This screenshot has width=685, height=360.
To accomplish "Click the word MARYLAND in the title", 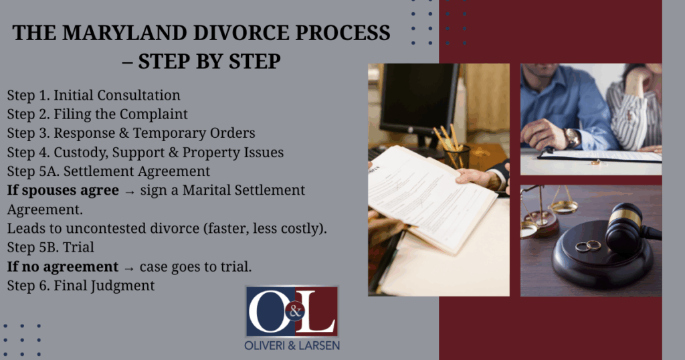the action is pyautogui.click(x=125, y=33).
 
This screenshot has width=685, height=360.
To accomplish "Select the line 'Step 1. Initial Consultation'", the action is pyautogui.click(x=94, y=95).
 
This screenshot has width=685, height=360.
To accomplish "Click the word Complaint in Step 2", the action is pyautogui.click(x=153, y=114).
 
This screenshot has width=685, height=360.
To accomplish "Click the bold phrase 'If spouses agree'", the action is pyautogui.click(x=63, y=191).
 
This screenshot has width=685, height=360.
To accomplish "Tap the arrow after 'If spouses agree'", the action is pyautogui.click(x=130, y=192).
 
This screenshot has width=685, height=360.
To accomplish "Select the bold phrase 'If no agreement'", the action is pyautogui.click(x=62, y=266).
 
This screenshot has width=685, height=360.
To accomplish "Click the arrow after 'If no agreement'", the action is pyautogui.click(x=129, y=268).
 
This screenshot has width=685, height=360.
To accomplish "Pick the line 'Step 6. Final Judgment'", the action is pyautogui.click(x=81, y=286).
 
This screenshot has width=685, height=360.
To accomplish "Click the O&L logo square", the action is pyautogui.click(x=292, y=311).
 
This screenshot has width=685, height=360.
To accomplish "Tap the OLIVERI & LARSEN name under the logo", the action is pyautogui.click(x=292, y=345).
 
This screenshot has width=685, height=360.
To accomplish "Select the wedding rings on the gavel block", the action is pyautogui.click(x=588, y=246).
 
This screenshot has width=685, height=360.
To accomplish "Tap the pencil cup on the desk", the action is pyautogui.click(x=457, y=156).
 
